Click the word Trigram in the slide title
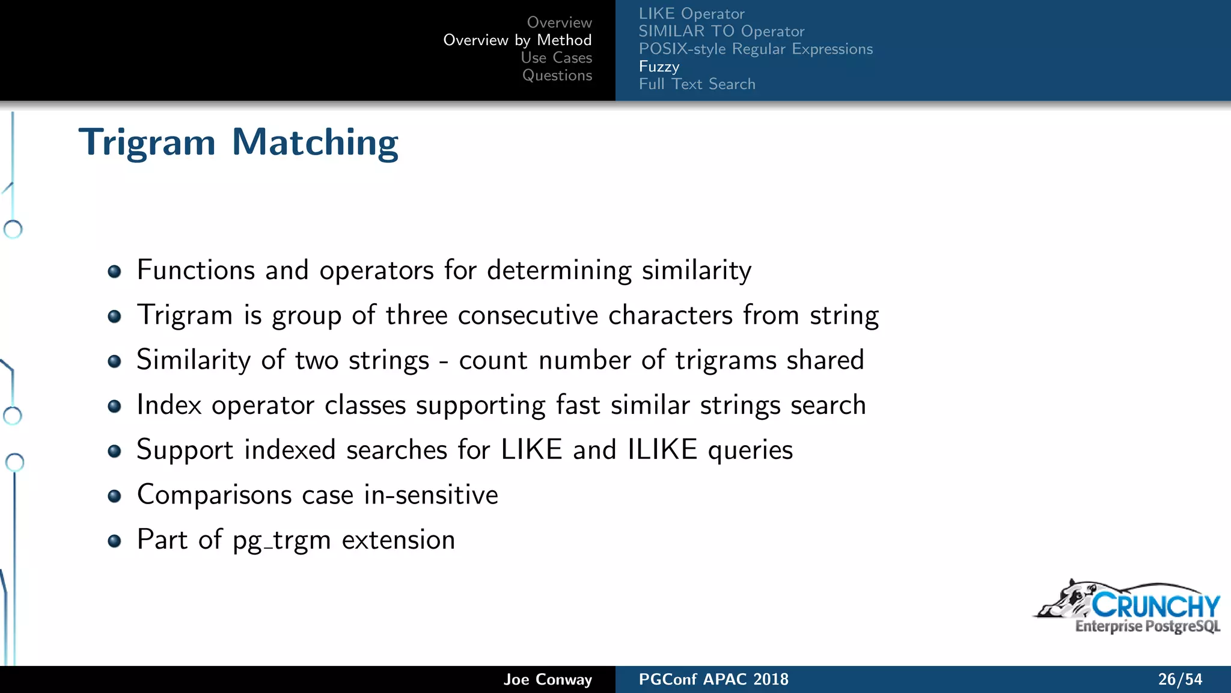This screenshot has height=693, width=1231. coord(147,143)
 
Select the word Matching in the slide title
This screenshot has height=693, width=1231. coord(315,143)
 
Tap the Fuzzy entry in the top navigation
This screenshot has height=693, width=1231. coord(659,66)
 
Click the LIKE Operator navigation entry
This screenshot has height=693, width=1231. coord(691,14)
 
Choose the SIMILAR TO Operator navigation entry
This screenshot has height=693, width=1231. coord(721,31)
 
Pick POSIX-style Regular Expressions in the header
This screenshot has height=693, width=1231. coord(756,49)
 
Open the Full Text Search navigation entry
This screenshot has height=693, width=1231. coord(697,84)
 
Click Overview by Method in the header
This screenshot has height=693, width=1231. coord(518,40)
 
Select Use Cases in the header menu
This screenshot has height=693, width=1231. coord(556,58)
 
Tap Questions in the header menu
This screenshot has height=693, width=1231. coord(557,75)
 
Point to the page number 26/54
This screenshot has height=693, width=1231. coord(1180,680)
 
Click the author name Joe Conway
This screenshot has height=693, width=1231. coord(548,680)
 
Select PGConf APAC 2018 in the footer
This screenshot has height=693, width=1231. coord(713,680)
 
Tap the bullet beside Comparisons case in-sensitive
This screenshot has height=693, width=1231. coord(114,496)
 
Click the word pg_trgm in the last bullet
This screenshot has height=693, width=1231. coord(281,540)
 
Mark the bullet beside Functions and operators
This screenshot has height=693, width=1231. coord(114,271)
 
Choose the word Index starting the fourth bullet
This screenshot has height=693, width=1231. coord(168,405)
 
